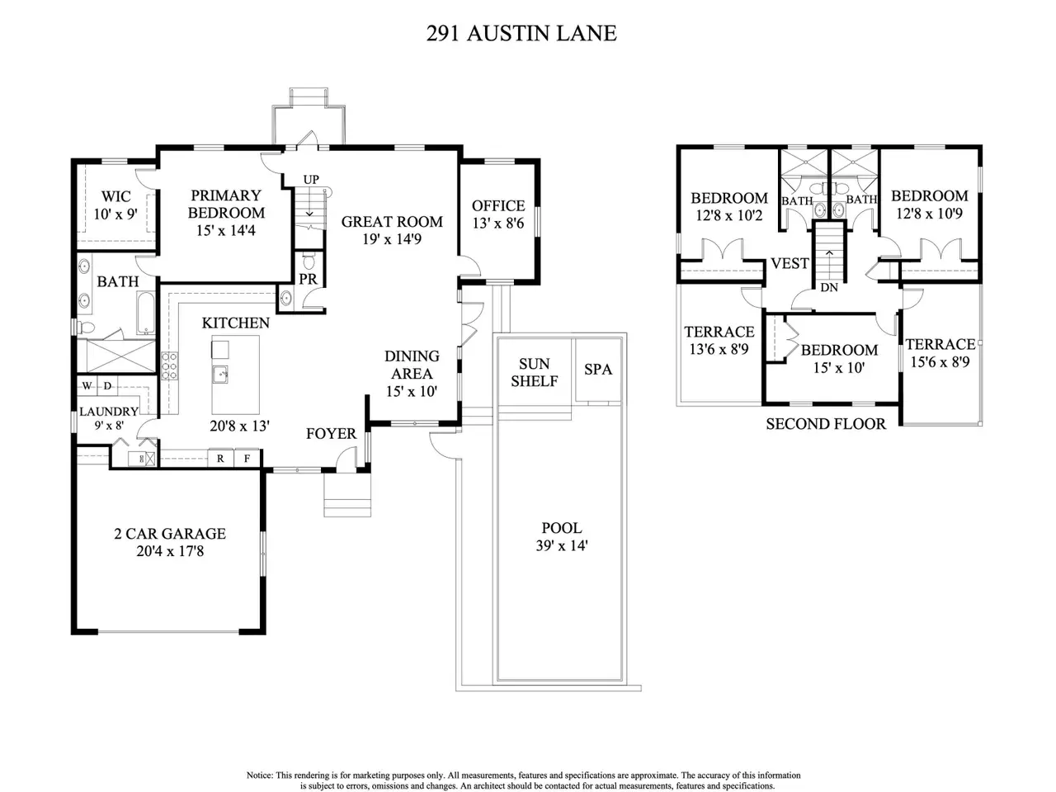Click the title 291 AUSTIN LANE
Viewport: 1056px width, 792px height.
521,34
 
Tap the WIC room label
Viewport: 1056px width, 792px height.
116,196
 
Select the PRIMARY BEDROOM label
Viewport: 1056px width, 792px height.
226,204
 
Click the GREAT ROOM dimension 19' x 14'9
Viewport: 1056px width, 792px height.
392,239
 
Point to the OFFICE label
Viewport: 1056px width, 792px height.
498,205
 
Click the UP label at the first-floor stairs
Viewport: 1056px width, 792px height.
311,179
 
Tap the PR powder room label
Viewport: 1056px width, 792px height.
308,279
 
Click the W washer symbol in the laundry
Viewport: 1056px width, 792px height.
87,385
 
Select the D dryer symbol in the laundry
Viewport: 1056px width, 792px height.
108,385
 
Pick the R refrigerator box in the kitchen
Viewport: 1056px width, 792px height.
220,458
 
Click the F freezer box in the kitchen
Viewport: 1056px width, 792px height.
247,458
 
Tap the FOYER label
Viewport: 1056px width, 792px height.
332,434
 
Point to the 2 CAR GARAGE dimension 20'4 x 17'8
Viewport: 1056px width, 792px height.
170,551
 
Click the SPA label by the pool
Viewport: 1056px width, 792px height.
598,370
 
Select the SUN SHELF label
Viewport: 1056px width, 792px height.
535,373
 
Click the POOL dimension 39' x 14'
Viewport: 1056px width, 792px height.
562,546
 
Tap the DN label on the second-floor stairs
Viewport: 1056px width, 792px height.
829,288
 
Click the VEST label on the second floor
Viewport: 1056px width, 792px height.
790,263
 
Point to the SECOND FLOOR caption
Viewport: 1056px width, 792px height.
826,424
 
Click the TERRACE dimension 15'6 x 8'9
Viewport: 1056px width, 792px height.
940,361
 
